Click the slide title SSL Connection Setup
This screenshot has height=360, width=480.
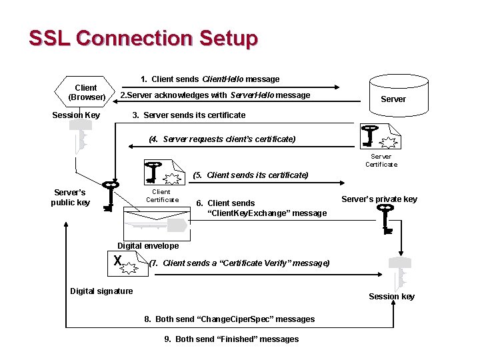click(143, 38)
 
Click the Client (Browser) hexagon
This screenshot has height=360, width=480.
click(86, 93)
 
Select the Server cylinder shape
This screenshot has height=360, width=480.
click(393, 94)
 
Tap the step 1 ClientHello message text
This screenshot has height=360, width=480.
click(210, 79)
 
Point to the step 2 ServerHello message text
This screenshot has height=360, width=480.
click(215, 95)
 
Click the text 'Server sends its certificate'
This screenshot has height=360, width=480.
click(189, 115)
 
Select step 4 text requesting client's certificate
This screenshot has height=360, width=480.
click(221, 139)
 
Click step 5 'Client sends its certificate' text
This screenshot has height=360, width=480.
click(250, 175)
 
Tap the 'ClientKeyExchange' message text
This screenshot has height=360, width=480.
click(261, 208)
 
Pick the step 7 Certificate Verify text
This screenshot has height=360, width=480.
click(239, 263)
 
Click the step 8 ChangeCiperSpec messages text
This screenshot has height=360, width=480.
click(229, 319)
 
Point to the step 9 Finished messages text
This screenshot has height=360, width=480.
click(231, 339)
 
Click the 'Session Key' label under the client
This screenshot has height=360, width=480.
click(76, 115)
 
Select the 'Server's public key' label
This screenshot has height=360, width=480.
click(71, 197)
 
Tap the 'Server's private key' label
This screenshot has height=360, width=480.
click(379, 199)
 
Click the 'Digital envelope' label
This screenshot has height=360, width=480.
click(148, 246)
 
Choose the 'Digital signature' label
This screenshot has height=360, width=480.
click(101, 291)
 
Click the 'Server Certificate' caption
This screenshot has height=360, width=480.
click(381, 161)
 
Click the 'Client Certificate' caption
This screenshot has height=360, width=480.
click(162, 195)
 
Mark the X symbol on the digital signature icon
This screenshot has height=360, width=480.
click(117, 261)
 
